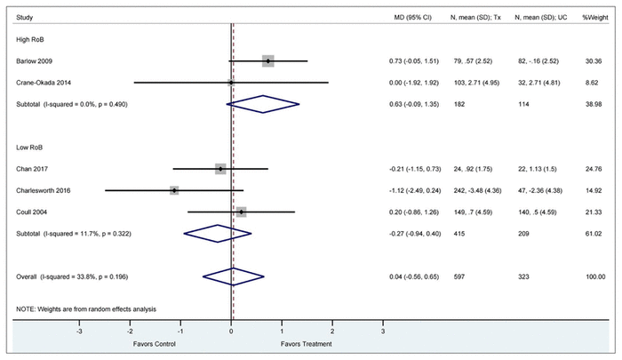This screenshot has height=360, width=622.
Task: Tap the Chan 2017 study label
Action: (x=30, y=168)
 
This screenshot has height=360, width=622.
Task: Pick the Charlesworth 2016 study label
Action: (x=41, y=190)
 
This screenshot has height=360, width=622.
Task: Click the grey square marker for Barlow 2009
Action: (x=267, y=61)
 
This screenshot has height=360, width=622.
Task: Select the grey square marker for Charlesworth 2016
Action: (x=174, y=190)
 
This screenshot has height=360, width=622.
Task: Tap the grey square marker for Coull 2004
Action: (x=241, y=212)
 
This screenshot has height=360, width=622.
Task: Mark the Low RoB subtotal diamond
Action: (x=217, y=234)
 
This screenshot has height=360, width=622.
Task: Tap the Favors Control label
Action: (x=155, y=344)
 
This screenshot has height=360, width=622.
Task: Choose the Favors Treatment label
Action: (x=307, y=344)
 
